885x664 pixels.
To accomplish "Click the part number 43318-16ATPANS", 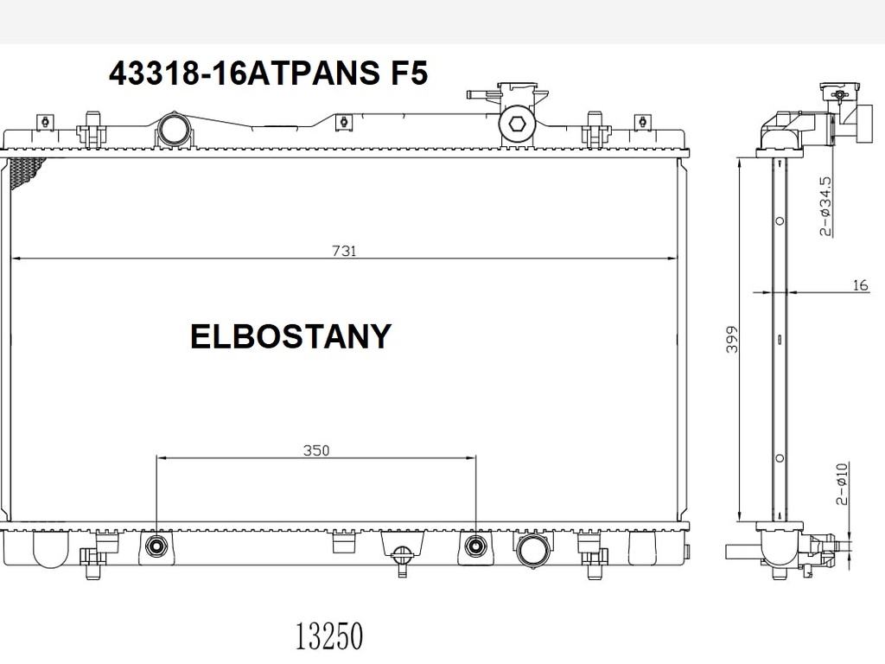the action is coord(245,73).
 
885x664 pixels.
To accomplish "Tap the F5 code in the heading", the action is coord(409,73).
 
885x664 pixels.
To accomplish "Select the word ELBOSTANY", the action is coord(290,336).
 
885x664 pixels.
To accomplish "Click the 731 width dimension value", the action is coord(344,250).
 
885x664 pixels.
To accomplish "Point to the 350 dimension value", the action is coord(316,450).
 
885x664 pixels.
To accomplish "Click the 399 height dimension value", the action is coord(731,339).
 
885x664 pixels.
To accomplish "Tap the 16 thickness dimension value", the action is coord(860,285).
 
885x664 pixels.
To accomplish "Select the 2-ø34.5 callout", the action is coord(825,206).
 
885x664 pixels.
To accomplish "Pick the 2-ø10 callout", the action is coord(841,484).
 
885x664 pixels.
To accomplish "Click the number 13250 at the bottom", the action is coord(329,635).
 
